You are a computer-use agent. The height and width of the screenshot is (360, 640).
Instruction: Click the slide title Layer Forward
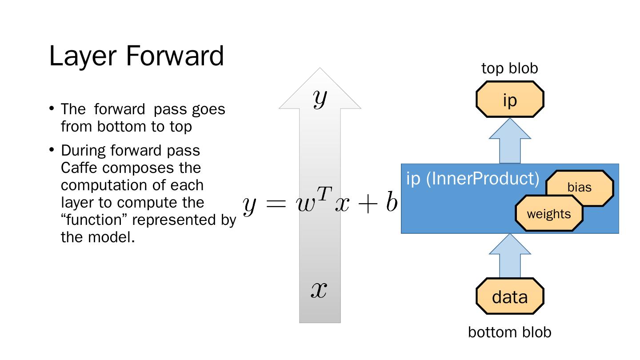(x=136, y=56)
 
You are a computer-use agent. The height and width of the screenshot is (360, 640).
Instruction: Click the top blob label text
(x=510, y=68)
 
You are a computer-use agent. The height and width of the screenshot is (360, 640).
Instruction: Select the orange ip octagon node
(x=510, y=100)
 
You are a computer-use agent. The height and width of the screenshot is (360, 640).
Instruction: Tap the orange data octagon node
(x=510, y=296)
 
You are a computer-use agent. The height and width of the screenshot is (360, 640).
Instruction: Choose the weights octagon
(x=549, y=214)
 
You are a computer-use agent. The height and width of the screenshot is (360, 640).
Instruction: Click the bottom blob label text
(x=510, y=332)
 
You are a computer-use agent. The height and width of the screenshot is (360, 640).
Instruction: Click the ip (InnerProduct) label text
(x=473, y=178)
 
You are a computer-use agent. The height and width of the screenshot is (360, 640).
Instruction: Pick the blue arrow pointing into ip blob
(x=510, y=141)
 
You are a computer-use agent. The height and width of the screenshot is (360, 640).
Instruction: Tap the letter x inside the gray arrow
(x=319, y=290)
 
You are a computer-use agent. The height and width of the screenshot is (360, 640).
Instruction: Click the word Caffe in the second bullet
(x=80, y=168)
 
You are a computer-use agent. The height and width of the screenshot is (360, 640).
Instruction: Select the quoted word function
(x=95, y=220)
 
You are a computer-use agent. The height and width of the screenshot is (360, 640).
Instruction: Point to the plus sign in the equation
(x=368, y=205)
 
